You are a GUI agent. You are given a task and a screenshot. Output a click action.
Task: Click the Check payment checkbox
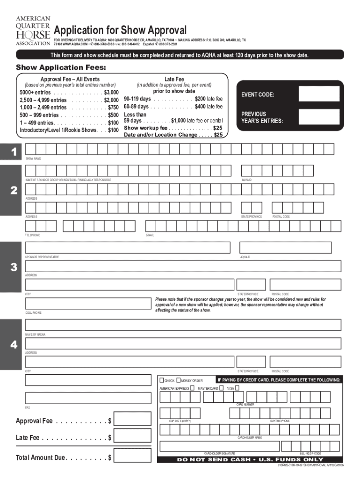coord(162,380)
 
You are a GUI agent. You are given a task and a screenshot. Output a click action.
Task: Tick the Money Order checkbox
coord(179,380)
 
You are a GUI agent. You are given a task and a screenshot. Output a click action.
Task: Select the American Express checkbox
coord(192,388)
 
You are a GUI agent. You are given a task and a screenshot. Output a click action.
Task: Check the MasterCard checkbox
coord(221,388)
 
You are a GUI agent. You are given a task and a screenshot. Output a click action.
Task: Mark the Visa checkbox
coord(237,388)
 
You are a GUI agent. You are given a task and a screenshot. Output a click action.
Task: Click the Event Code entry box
coord(319,94)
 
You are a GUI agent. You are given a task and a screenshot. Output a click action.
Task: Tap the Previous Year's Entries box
coord(319,117)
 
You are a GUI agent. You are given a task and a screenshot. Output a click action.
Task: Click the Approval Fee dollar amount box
coord(132,419)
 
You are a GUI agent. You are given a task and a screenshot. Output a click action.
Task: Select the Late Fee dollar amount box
coord(132,438)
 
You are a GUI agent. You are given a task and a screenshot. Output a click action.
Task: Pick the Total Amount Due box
coord(132,457)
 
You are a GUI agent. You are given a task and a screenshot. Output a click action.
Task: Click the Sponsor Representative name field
coord(128,247)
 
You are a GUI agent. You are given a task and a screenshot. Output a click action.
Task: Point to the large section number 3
coord(14,267)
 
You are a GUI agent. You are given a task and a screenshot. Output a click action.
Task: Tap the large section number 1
coord(14,152)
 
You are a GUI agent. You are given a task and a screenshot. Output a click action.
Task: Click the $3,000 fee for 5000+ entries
coord(111,93)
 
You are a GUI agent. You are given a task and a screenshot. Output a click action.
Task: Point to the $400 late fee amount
coord(202,107)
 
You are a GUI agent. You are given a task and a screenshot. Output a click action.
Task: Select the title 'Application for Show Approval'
coord(120,31)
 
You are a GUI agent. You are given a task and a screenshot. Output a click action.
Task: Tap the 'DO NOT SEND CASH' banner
coord(250,459)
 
